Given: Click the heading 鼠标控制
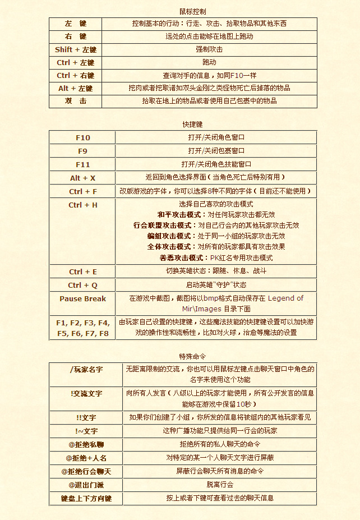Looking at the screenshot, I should pos(192,11).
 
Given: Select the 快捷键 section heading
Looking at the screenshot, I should pos(192,124).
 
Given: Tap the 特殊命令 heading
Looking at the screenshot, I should pos(192,356).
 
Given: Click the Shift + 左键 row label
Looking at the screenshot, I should pos(76,49).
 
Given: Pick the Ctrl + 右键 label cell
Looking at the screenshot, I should pos(76,75).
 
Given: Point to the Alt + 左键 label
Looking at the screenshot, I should pos(76,88).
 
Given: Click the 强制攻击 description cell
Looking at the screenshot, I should pos(209,49).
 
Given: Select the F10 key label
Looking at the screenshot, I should pos(83,137).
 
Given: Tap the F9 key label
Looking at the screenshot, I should pos(83,151).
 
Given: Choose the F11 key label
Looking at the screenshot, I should pos(83,164).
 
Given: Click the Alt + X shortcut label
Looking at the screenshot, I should pos(83,178).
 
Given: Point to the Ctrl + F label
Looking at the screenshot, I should pos(83,191).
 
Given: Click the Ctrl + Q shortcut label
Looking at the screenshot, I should pos(83,285).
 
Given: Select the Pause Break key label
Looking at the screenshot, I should pos(83,298).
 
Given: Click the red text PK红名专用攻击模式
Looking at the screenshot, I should pos(241,257).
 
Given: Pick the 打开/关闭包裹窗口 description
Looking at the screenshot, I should pos(216,151).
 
